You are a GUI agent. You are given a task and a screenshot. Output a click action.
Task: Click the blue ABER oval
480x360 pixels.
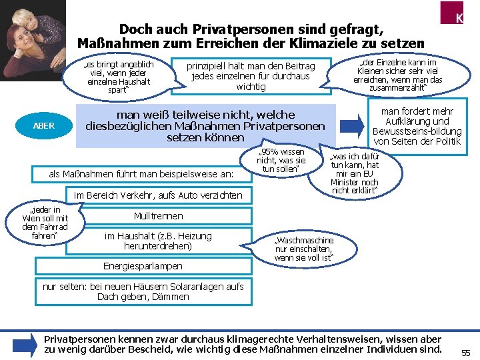tap(43, 125)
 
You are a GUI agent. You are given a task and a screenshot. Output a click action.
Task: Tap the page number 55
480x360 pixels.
tap(465, 353)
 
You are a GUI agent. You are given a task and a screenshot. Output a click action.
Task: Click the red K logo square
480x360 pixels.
tap(459, 15)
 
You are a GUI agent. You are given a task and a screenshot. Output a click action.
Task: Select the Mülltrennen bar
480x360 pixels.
tap(158, 216)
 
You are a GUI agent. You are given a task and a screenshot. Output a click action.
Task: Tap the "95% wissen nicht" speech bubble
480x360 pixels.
tap(281, 160)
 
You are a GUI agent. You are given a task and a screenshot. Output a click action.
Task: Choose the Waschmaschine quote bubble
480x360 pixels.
tap(303, 248)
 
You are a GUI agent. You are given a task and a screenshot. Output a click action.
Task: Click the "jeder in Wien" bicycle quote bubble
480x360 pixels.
tap(45, 223)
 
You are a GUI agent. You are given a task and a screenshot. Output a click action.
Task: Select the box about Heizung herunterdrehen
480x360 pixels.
tap(158, 241)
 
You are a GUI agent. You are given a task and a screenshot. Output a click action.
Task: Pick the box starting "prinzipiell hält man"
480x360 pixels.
tap(250, 76)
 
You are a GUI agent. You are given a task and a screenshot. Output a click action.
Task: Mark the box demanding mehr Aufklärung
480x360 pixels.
tap(417, 126)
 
